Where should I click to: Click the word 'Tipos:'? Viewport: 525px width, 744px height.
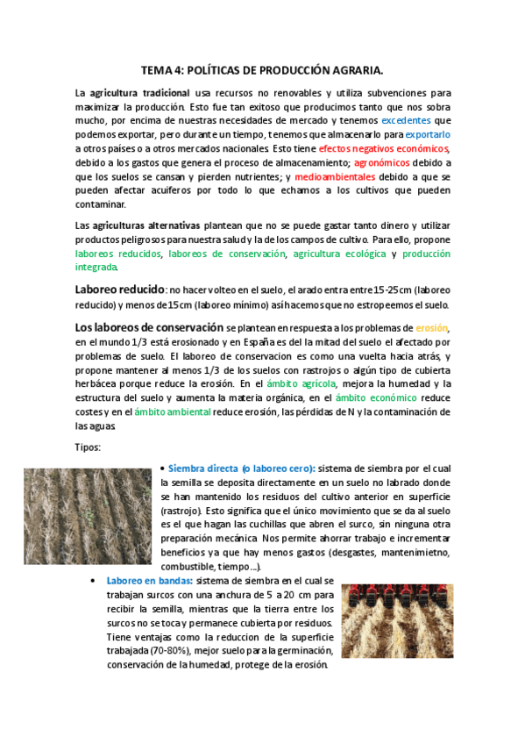[89, 447]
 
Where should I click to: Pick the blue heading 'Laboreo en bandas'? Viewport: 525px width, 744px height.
[149, 581]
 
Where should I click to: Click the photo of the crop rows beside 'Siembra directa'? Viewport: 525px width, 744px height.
[88, 516]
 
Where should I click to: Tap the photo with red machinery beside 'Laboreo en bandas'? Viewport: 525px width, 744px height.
[396, 620]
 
